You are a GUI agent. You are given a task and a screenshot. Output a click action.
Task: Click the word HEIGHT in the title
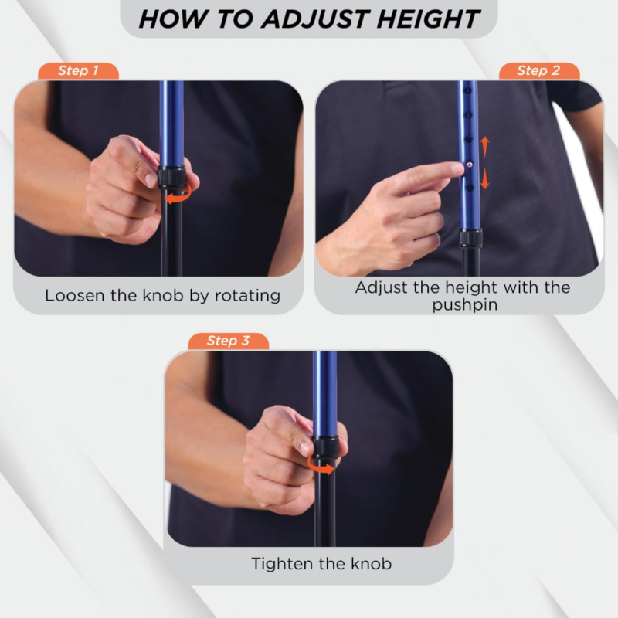428,19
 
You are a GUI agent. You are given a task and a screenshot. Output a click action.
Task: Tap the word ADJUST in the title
314,19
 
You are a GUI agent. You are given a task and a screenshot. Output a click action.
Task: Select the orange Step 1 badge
78,71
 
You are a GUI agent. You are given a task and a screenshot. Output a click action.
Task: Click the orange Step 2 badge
538,71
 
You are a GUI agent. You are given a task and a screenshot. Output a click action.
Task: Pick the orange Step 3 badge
228,341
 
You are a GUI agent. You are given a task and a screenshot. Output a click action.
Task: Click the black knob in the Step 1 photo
171,177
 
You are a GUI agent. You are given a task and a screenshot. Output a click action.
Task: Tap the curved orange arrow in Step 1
178,194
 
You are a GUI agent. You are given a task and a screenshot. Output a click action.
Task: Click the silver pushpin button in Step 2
469,165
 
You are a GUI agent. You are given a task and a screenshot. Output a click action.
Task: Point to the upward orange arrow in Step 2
485,147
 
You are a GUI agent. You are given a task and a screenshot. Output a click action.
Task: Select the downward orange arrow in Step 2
485,178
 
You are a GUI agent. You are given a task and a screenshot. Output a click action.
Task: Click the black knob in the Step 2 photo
470,238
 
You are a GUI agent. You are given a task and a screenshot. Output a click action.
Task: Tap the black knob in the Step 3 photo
325,447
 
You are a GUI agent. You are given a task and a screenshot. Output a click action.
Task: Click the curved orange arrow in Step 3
320,465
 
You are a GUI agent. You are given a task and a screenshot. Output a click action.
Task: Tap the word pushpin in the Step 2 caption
465,305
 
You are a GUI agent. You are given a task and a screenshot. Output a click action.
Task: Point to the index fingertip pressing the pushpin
458,168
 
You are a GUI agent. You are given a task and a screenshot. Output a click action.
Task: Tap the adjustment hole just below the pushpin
470,188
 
